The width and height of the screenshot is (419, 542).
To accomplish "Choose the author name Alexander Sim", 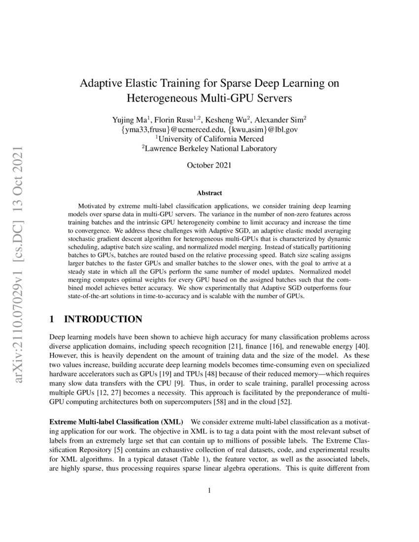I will [279, 120].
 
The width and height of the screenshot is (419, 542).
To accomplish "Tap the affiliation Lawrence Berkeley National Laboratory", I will [209, 148].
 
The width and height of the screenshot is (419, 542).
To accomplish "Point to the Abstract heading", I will [209, 193].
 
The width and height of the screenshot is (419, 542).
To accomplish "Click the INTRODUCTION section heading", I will [104, 320].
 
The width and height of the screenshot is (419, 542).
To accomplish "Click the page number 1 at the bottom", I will [209, 490].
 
